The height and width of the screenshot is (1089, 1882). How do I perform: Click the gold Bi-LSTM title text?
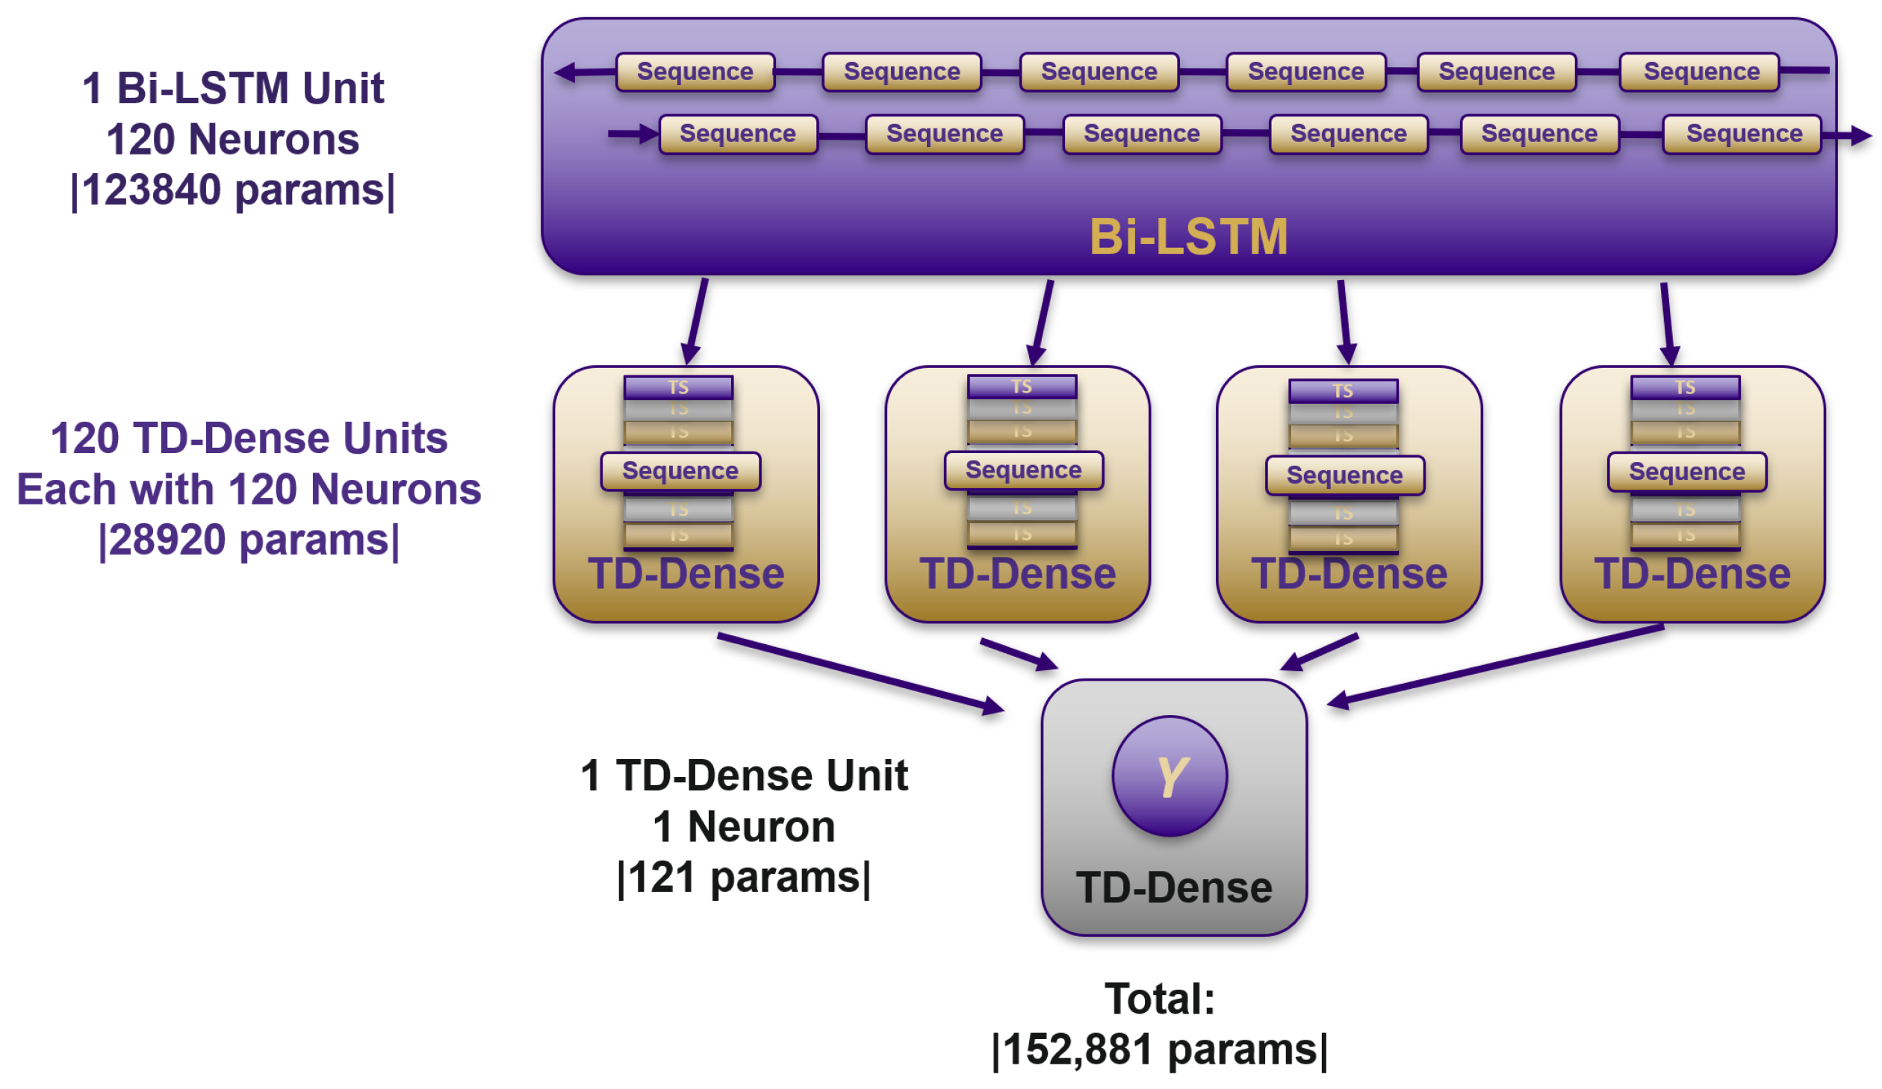[1188, 237]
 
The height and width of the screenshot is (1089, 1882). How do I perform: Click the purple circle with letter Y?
[1169, 776]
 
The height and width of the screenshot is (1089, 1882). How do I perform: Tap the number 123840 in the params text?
[152, 190]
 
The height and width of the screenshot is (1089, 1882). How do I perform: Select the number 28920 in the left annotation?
[168, 540]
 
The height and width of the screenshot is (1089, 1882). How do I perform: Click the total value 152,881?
[1078, 1049]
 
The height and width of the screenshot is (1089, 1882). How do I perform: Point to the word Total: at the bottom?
[1159, 999]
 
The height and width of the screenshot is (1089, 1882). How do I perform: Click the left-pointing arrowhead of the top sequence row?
[565, 72]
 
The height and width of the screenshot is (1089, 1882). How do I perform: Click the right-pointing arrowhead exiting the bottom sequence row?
[1861, 136]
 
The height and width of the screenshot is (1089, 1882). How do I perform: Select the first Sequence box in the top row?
[695, 72]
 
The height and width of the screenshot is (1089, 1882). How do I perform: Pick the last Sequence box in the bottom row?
[1743, 134]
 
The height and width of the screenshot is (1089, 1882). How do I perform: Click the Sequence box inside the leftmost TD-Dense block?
[680, 471]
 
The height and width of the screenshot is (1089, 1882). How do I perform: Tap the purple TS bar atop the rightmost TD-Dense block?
[1685, 387]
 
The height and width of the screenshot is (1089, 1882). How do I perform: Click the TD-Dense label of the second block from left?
[1017, 573]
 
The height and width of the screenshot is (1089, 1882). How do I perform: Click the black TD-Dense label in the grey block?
[1173, 887]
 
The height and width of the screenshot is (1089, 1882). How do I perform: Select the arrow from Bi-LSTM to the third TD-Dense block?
[1344, 321]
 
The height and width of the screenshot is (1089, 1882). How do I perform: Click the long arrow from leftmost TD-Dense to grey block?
[859, 672]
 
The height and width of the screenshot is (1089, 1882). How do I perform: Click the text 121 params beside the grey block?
[743, 877]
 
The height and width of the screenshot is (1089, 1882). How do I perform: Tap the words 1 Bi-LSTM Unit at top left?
[233, 88]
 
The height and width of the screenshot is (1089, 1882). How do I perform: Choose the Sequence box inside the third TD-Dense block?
[1344, 475]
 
